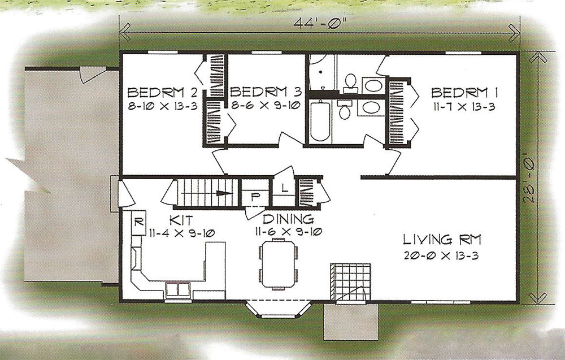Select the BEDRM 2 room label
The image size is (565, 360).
[163, 93]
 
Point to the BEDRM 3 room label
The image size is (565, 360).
[265, 92]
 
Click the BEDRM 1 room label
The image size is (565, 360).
[464, 93]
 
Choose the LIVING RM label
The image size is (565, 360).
[442, 239]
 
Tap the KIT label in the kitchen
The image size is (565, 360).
[181, 220]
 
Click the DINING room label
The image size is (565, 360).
[288, 219]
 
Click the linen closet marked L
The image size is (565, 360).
[284, 188]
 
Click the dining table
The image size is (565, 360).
[279, 264]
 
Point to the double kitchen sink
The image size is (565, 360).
[178, 289]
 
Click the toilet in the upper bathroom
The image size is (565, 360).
[350, 82]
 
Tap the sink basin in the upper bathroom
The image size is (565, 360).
[373, 86]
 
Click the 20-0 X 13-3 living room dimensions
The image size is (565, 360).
[441, 255]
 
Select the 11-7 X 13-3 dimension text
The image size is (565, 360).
[464, 107]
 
